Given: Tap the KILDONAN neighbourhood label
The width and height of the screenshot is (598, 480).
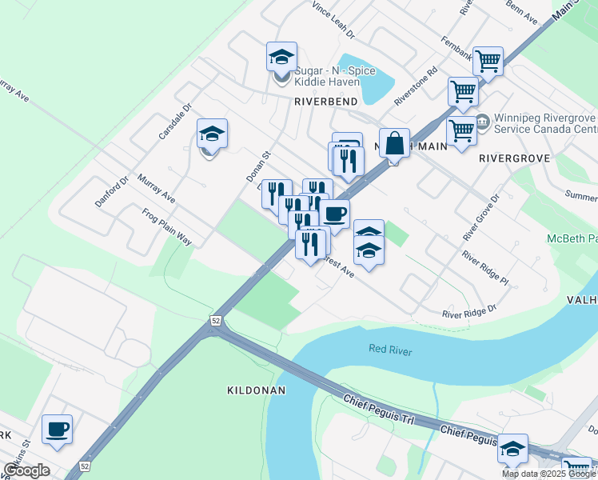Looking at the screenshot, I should [256, 390].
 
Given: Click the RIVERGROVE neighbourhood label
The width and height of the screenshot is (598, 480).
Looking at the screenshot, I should [514, 158].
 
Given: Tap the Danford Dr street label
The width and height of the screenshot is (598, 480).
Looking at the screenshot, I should [112, 193].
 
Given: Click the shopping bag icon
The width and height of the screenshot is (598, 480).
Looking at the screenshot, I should [394, 143].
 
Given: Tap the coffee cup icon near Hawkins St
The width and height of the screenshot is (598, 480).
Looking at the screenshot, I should [57, 429].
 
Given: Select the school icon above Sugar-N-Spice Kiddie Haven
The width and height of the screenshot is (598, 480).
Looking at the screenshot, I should [281, 56].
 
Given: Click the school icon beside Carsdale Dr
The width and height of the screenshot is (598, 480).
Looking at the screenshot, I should [212, 133].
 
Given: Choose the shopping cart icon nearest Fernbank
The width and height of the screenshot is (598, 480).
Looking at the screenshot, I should [488, 60].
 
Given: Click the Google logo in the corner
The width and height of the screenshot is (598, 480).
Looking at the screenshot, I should [26, 470].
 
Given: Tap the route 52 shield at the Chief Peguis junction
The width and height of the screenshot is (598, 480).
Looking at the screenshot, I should [216, 320].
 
